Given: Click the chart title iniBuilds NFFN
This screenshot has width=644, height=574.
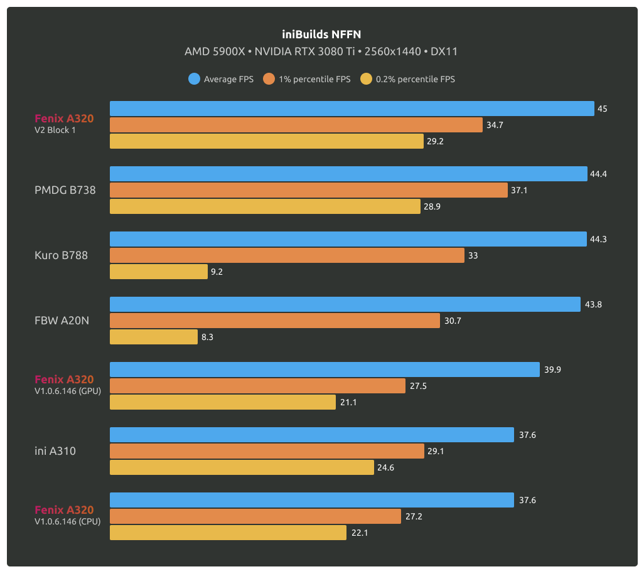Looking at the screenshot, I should pyautogui.click(x=321, y=35).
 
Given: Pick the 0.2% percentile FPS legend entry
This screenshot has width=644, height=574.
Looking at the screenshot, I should pyautogui.click(x=408, y=79).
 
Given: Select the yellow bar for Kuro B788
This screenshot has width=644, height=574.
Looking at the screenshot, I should pyautogui.click(x=159, y=272).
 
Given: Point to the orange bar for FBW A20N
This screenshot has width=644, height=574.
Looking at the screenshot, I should pyautogui.click(x=275, y=321).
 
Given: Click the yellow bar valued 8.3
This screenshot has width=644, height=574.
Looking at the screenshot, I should pyautogui.click(x=154, y=337).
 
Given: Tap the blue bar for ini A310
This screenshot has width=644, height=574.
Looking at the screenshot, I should pyautogui.click(x=312, y=435).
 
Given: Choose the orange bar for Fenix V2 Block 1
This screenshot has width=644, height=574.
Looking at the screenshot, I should pyautogui.click(x=296, y=125).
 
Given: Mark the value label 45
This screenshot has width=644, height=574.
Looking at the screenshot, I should pyautogui.click(x=602, y=109).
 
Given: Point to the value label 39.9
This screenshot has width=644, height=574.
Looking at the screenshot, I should pyautogui.click(x=552, y=370).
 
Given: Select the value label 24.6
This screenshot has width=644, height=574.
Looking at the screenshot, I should pyautogui.click(x=387, y=467).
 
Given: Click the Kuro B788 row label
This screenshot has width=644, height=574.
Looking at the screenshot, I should pyautogui.click(x=61, y=255).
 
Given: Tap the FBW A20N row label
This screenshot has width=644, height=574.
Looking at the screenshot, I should pyautogui.click(x=62, y=321).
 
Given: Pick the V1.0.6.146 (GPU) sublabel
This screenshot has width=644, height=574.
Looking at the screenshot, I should pyautogui.click(x=68, y=391).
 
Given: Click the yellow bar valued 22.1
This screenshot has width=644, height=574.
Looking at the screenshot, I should pyautogui.click(x=228, y=533).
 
